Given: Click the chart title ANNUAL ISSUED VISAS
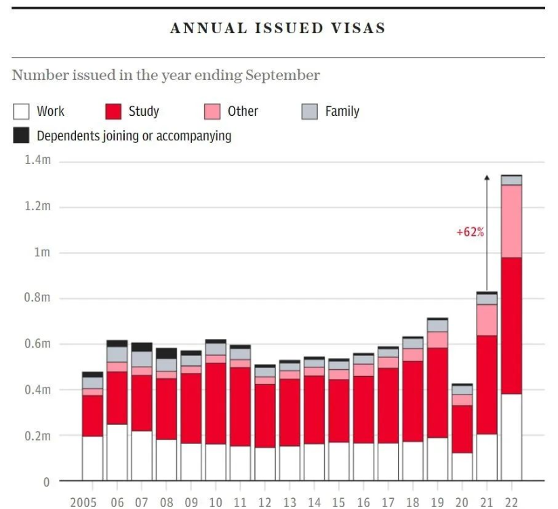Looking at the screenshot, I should (277, 28).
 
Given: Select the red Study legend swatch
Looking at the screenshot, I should (113, 112).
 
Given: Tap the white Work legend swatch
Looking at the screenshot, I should (21, 112).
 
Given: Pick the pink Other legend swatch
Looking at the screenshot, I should (212, 112).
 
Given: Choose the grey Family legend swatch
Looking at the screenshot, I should (309, 112).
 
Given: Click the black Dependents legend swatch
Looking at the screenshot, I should (21, 136).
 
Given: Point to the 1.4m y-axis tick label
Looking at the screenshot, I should (37, 161).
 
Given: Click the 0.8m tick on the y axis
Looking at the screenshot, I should (37, 298).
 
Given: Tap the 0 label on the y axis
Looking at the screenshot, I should (46, 482).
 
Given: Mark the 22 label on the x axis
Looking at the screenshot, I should (511, 502).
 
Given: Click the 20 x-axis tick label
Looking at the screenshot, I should (462, 502).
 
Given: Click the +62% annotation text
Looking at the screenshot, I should (469, 232).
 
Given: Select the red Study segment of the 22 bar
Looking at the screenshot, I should (511, 325).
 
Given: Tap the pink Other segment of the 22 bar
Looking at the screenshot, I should (511, 221).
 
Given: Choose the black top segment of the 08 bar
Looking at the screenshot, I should (166, 353).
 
